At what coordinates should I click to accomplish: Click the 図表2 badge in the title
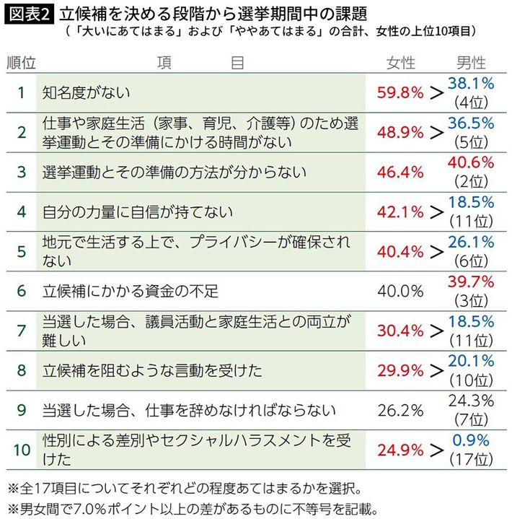pyautogui.click(x=28, y=14)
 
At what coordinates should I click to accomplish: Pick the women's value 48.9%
pyautogui.click(x=400, y=132)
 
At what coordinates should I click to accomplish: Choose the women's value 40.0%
pyautogui.click(x=400, y=291)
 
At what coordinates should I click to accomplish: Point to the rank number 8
pyautogui.click(x=22, y=370)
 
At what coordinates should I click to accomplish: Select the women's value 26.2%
pyautogui.click(x=400, y=410)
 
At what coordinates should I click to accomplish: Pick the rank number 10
pyautogui.click(x=22, y=450)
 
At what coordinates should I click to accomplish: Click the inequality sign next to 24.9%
pyautogui.click(x=436, y=450)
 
